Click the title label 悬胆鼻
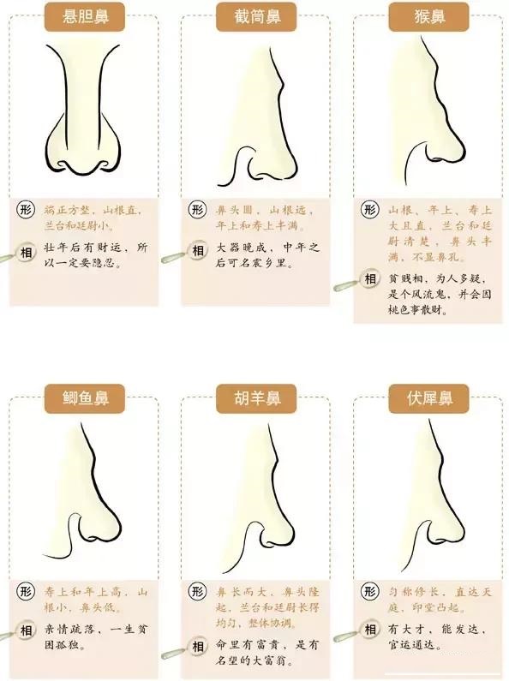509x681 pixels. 84,15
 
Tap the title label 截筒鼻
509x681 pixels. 254,15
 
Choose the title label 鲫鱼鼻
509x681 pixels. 84,398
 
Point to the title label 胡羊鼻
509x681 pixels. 254,398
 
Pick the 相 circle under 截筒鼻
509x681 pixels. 197,251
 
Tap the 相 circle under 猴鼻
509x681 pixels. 370,279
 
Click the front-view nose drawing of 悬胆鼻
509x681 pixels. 84,111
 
